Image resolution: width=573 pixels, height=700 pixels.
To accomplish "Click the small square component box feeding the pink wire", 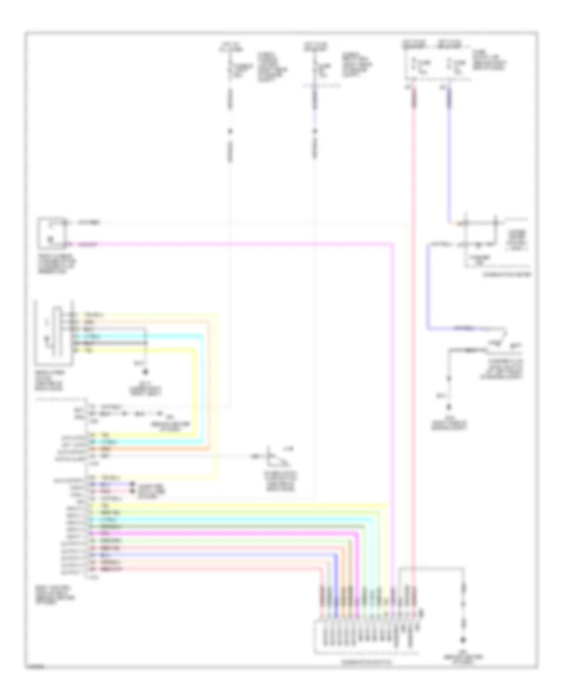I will pyautogui.click(x=52, y=233).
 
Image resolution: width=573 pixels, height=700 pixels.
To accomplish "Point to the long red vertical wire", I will pyautogui.click(x=414, y=318).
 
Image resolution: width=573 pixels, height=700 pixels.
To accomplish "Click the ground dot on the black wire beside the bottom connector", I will pyautogui.click(x=463, y=640).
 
